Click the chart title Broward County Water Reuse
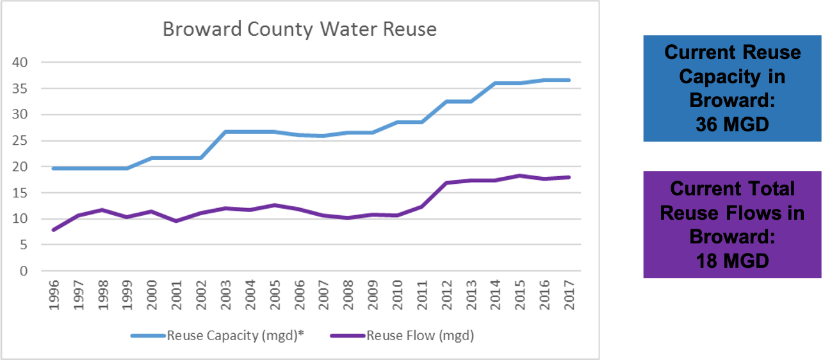click(299, 29)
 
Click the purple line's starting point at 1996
click(54, 229)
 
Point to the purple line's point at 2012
click(446, 183)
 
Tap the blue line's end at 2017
click(568, 80)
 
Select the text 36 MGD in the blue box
click(733, 124)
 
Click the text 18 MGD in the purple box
click(733, 261)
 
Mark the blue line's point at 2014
click(495, 83)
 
